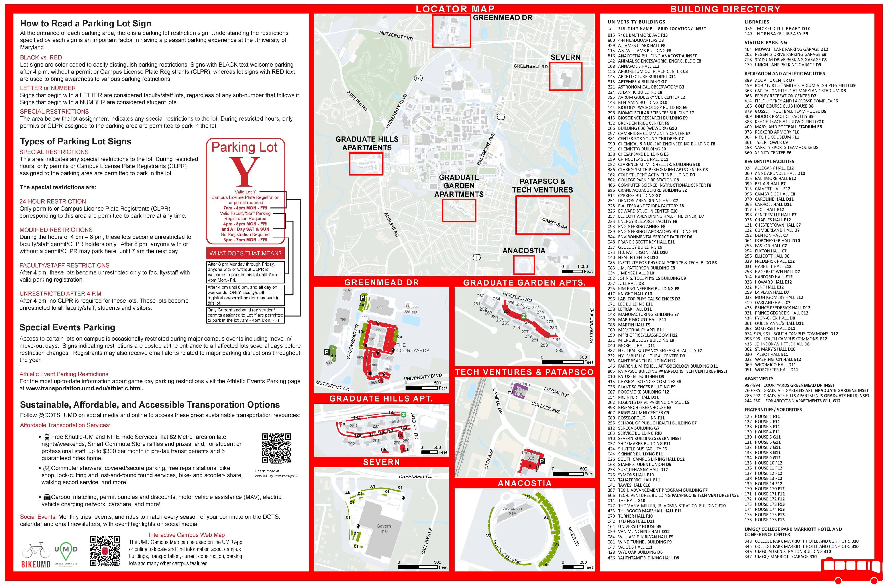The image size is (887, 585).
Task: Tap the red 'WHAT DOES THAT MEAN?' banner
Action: (x=245, y=253)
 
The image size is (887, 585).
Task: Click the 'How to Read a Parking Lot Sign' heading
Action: (x=86, y=24)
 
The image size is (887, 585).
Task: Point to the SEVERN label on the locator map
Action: (x=565, y=57)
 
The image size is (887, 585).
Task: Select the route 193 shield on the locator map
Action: (x=418, y=78)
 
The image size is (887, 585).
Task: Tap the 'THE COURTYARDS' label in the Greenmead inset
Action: (x=412, y=348)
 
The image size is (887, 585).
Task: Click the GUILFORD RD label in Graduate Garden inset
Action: (x=517, y=297)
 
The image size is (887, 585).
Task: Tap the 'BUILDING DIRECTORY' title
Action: (x=725, y=9)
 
